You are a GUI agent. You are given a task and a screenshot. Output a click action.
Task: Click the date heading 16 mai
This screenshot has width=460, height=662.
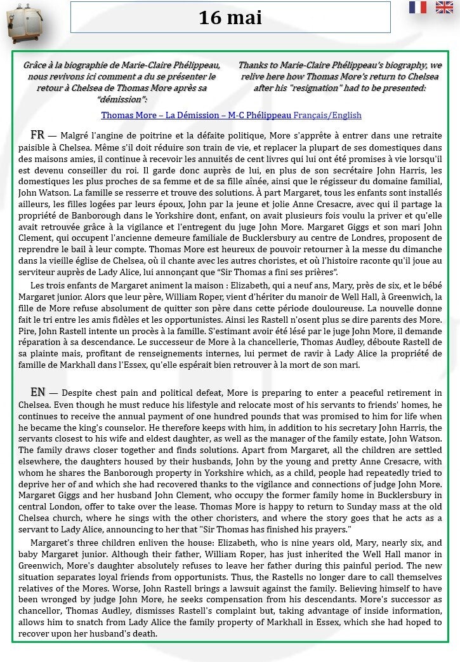(230, 17)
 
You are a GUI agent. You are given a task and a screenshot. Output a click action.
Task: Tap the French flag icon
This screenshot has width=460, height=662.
(417, 8)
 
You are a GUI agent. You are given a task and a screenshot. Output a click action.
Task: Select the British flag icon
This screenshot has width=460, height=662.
(444, 8)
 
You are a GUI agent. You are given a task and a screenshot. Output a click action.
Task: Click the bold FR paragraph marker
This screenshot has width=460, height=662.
(37, 135)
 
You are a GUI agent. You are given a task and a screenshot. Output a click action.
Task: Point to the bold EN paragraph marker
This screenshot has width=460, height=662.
(37, 392)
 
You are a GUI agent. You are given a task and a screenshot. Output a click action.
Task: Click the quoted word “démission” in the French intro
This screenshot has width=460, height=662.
(122, 99)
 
